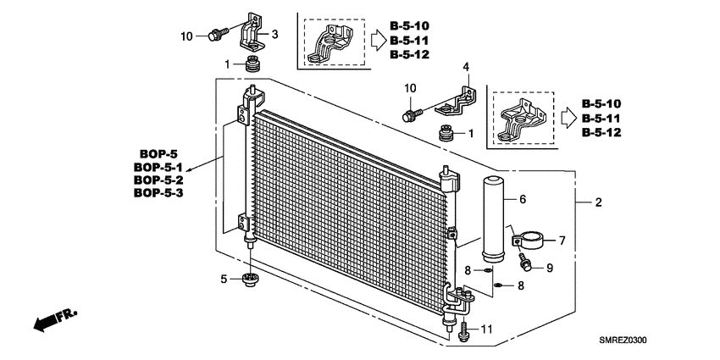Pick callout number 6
(523, 200)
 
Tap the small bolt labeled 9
(527, 265)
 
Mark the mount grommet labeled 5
(250, 280)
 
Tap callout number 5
(224, 279)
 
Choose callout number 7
(562, 241)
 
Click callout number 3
(274, 34)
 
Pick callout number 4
(465, 66)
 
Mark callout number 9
(549, 268)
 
